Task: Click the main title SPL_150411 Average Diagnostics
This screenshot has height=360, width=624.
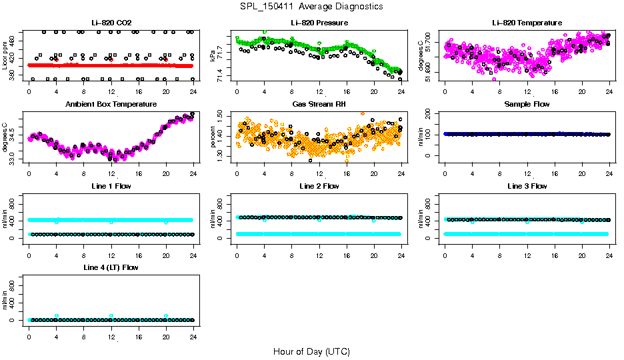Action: tap(311, 6)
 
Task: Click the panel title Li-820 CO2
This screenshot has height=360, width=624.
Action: tap(111, 23)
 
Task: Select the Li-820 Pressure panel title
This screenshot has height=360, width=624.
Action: tap(319, 23)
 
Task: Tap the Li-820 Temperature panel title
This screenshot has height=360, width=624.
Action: tap(527, 23)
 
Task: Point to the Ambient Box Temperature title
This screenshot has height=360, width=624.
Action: tap(111, 104)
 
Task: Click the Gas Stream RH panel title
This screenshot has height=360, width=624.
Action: tap(319, 104)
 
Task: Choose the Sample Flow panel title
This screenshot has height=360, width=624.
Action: tap(527, 104)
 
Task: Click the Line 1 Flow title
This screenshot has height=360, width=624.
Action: tap(111, 186)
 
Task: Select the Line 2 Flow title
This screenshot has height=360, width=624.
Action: tap(319, 186)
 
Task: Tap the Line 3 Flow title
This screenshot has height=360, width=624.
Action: tap(527, 186)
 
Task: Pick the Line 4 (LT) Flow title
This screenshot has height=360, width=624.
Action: tap(111, 267)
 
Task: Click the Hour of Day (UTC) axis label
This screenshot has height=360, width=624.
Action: tap(311, 351)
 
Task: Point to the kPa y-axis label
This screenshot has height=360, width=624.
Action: tap(213, 55)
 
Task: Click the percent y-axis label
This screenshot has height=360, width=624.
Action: tap(213, 136)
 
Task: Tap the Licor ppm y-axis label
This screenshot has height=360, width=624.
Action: tap(5, 55)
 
